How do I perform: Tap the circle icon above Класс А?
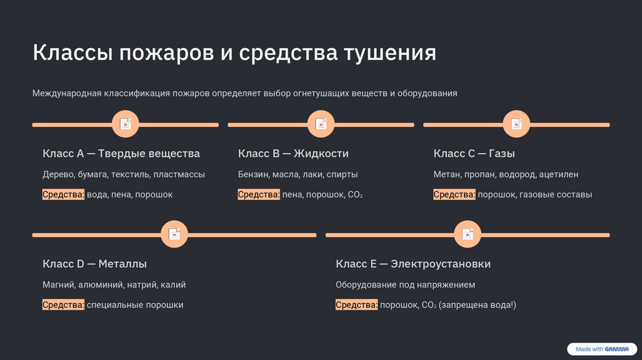coord(125,125)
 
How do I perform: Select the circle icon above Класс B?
coord(321,125)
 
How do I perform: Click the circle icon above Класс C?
coord(517,125)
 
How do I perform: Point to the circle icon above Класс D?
coord(174,235)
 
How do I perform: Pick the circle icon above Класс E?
coord(468,235)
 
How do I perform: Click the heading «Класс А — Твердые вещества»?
coord(121,154)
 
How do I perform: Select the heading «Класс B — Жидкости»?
coord(293,154)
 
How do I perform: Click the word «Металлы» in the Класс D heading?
coord(123,264)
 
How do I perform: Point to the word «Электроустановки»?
coord(440,264)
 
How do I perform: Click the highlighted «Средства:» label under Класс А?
coord(63,194)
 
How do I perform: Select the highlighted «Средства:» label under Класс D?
coord(63,305)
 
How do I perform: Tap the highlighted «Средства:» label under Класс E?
coord(357,305)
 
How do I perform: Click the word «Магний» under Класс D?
coord(58,285)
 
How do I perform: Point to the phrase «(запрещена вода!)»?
coord(478,305)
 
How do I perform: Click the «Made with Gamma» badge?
coord(601,349)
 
